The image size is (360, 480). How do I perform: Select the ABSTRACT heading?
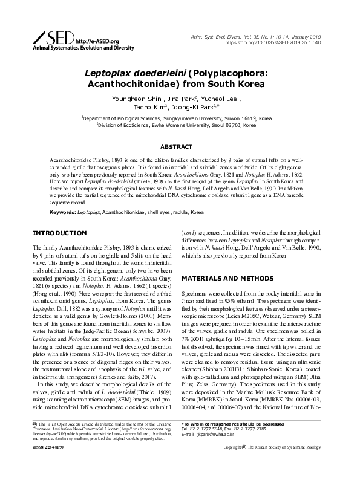pos(180,147)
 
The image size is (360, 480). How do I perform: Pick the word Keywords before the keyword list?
pos(62,213)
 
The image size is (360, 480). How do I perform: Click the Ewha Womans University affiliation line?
pos(180,126)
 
